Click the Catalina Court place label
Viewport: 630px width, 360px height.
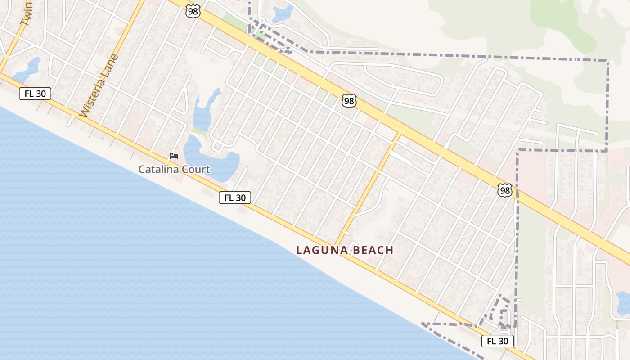(x=174, y=170)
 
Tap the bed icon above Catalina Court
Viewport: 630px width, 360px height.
(x=174, y=156)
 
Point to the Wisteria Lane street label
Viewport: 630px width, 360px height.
(x=99, y=85)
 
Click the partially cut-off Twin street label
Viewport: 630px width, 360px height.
(x=26, y=13)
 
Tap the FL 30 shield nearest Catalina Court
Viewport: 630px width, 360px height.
(x=234, y=198)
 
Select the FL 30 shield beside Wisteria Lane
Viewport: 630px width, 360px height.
(x=35, y=94)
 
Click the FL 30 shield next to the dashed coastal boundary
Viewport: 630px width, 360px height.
(x=497, y=341)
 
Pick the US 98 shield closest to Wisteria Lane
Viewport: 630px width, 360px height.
(x=193, y=12)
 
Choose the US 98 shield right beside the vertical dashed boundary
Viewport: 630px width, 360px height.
(x=505, y=191)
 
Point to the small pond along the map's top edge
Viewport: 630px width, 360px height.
(x=282, y=13)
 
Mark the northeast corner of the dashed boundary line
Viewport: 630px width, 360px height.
(x=607, y=60)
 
